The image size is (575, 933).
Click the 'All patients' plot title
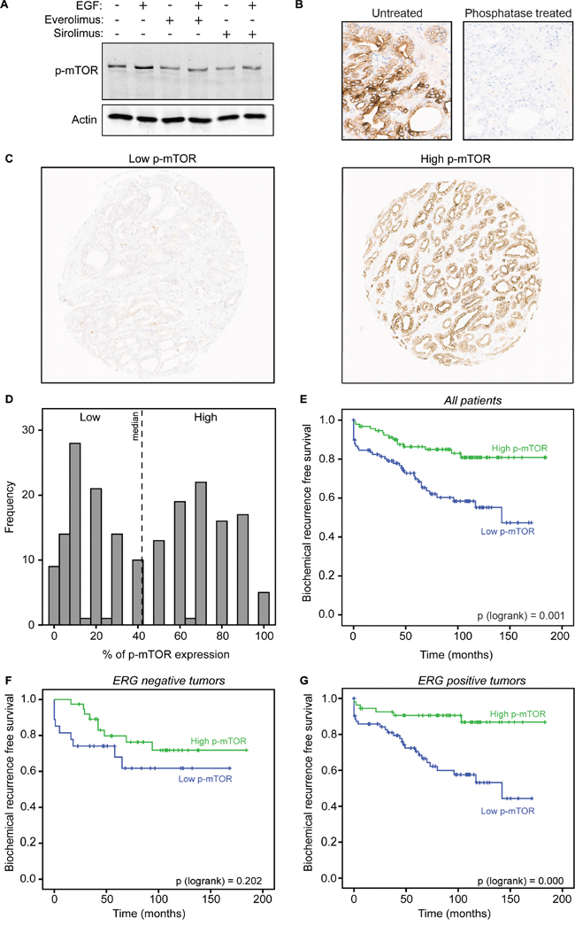[x=447, y=400]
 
